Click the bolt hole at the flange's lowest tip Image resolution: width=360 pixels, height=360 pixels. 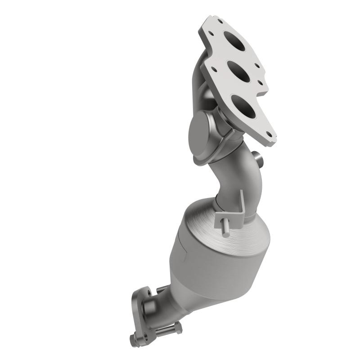pyautogui.click(x=269, y=134)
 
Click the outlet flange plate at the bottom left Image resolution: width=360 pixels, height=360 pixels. pyautogui.click(x=143, y=310)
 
